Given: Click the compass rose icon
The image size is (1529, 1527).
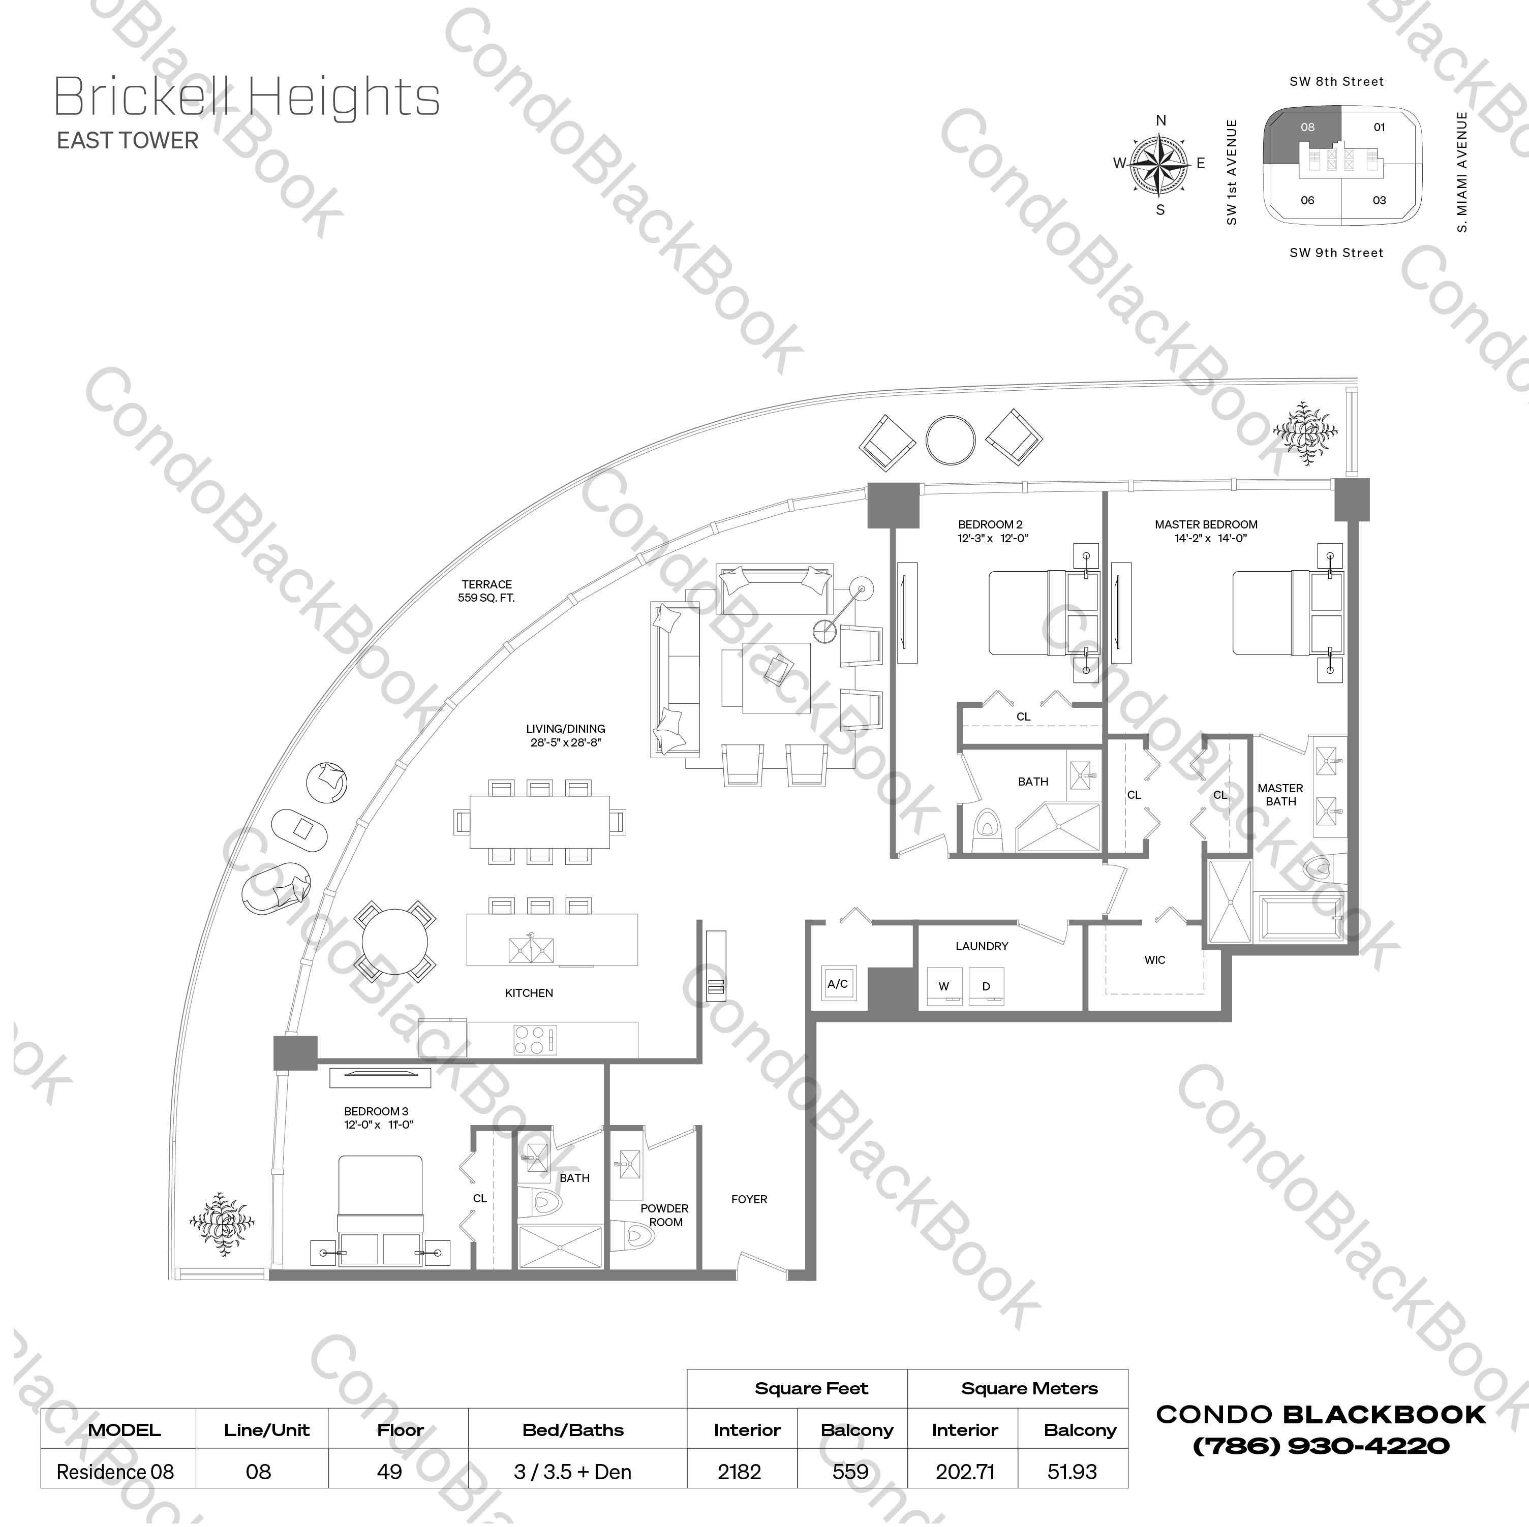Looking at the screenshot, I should pos(1160,165).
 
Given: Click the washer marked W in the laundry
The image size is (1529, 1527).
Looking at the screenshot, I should pos(943,987).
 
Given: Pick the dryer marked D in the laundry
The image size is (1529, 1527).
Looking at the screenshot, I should pos(986,987).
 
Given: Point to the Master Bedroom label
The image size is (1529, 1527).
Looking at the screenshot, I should pos(1205,524).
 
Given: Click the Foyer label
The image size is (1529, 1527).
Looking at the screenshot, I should pos(749,1199).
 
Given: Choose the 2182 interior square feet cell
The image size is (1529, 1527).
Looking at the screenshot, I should pos(739,1472).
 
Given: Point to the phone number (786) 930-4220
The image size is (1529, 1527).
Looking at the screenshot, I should pos(1321,1446).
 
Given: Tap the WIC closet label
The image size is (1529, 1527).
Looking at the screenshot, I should pos(1155,960).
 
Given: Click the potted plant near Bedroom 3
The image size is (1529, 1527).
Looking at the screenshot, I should pos(222,1223).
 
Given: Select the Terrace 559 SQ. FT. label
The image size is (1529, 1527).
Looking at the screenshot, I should pos(487,591).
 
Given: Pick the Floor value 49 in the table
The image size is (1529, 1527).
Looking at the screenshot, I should pos(389,1472).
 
